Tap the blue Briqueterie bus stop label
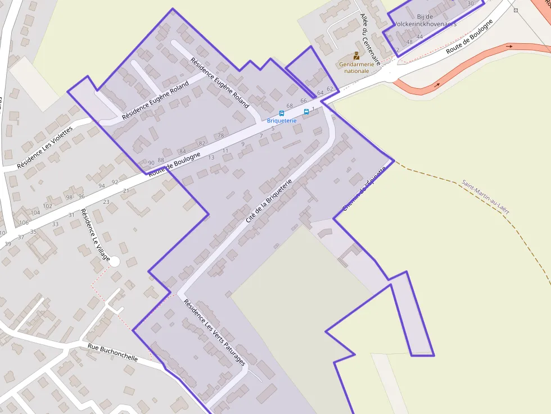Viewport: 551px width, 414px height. [x=281, y=121]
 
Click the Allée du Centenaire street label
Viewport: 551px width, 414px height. [x=371, y=38]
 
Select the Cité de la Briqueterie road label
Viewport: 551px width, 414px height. [x=269, y=201]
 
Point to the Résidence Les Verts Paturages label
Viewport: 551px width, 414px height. [x=215, y=331]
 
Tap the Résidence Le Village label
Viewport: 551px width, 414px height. [x=95, y=235]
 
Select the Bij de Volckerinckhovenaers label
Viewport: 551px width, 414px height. [x=424, y=21]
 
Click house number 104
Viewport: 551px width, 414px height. [x=35, y=212]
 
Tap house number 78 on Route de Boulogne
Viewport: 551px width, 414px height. [x=221, y=135]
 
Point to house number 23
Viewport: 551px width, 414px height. [x=106, y=202]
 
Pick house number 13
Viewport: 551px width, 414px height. [x=211, y=157]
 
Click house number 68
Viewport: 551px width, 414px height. [x=290, y=106]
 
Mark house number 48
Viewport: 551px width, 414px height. [x=409, y=42]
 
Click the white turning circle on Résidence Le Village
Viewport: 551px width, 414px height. [x=115, y=261]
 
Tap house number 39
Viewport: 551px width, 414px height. [x=7, y=244]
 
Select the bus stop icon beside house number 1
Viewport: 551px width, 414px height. [x=306, y=111]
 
